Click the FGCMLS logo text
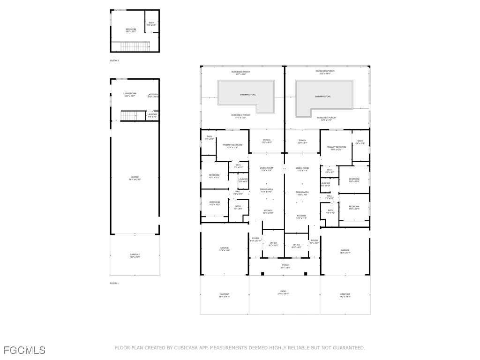point(24,350)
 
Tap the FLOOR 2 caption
point(114,61)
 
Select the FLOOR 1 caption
point(114,283)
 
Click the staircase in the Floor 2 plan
point(135,46)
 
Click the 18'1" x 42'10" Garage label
point(135,179)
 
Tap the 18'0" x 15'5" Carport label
point(135,256)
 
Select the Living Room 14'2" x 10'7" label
point(130,95)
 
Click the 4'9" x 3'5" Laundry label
point(152,115)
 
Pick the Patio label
point(284,292)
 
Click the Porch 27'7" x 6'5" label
point(285,266)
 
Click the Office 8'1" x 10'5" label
point(273,244)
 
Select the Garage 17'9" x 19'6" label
point(225,249)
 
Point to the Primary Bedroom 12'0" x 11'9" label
point(232,146)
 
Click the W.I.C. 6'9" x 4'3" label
point(330,171)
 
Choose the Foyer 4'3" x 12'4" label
point(314,241)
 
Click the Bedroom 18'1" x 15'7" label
point(131,30)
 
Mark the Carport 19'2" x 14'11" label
point(345,295)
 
